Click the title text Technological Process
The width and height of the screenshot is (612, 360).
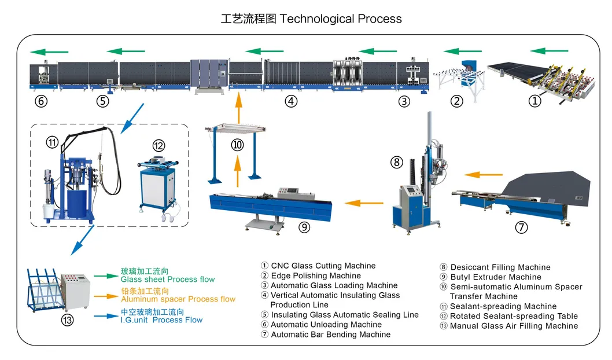pos(340,19)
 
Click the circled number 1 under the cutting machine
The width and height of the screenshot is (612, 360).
pos(535,101)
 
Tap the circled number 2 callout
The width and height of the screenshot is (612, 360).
pos(457,101)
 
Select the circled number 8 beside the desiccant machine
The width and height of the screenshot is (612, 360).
pos(397,163)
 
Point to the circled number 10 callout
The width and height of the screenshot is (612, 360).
pos(238,145)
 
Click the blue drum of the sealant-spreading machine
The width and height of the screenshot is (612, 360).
pos(79,205)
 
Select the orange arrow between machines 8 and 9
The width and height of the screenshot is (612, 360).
pos(364,203)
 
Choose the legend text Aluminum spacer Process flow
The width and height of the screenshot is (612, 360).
pos(178,299)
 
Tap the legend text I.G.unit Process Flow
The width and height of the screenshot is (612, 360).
pos(162,319)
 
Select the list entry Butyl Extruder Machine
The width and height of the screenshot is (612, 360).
pos(496,277)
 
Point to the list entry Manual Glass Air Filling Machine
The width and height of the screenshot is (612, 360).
pos(514,326)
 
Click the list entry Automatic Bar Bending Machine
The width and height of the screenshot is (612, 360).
pos(330,334)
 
